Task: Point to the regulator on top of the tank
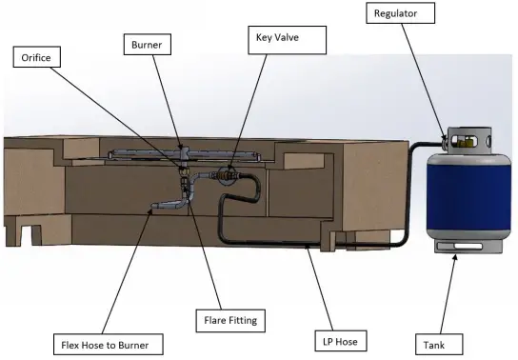point(455,142)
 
